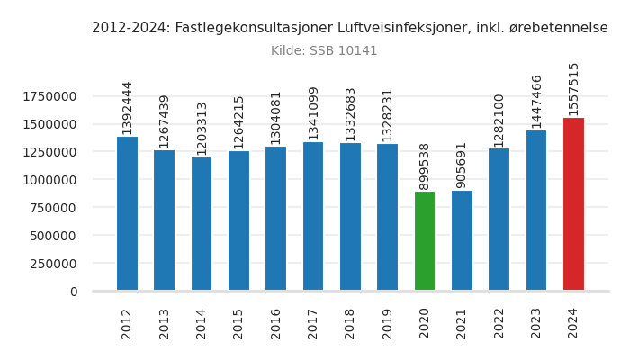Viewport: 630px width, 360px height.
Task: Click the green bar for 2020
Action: (425, 241)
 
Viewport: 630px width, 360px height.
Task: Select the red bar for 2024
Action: (573, 204)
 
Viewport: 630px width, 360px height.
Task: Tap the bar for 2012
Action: (127, 213)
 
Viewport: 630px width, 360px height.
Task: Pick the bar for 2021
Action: (462, 240)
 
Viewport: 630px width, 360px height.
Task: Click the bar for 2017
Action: (313, 216)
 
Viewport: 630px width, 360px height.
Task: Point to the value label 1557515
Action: (573, 88)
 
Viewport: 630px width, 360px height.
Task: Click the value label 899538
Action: (425, 166)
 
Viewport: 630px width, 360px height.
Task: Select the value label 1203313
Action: (202, 128)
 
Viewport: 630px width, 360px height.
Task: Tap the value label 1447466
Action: (536, 101)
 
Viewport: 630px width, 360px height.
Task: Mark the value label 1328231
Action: (388, 114)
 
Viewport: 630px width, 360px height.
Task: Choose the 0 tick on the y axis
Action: (73, 292)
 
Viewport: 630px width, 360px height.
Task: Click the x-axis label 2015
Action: (238, 323)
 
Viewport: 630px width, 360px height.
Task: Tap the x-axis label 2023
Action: (536, 323)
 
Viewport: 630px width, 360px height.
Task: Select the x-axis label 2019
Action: (388, 323)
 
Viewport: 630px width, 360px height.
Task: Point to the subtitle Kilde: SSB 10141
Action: (324, 51)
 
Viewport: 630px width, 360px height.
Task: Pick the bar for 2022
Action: (499, 220)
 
